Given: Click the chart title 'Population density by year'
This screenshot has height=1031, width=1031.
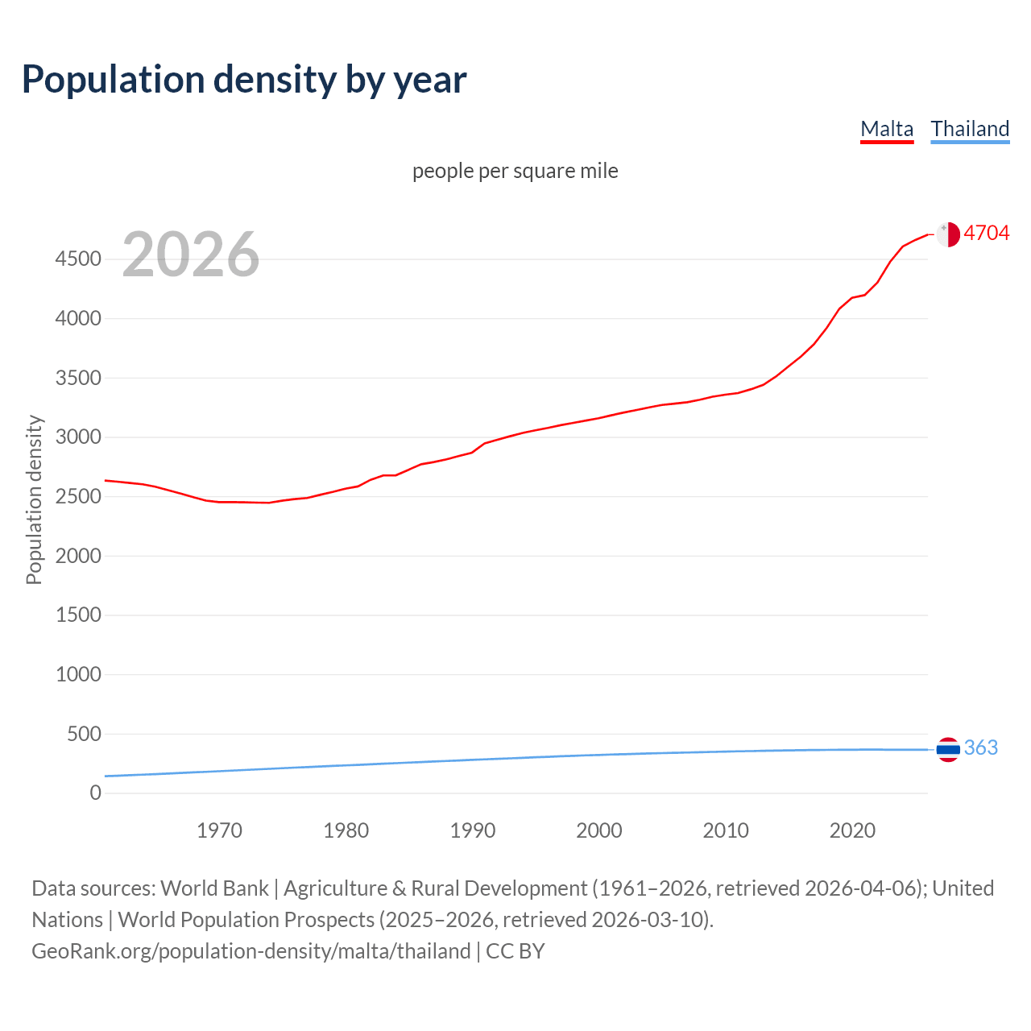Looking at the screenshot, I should point(244,80).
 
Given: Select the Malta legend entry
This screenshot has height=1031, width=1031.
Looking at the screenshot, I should point(887,129).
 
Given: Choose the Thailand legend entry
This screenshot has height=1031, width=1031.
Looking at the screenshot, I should point(970,129).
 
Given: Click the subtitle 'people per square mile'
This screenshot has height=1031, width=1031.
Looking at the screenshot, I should point(515,171).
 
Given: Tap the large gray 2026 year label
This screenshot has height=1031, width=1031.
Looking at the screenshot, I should point(191,255).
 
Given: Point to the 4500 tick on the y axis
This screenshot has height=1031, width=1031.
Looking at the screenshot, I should point(78,259).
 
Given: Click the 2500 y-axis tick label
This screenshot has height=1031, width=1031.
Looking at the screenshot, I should point(78,496).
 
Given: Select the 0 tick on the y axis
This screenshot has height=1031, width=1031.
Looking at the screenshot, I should point(96,793).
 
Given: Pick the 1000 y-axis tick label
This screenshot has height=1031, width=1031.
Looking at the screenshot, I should point(78,674).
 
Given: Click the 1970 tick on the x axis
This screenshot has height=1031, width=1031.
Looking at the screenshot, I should point(219,830).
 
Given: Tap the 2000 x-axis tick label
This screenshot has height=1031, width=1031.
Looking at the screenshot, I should point(598,830).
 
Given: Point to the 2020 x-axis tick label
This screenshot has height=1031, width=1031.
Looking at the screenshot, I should point(852,830).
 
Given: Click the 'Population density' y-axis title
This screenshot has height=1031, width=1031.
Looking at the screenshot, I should point(34,499).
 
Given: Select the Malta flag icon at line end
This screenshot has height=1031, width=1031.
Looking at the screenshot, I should point(948,234).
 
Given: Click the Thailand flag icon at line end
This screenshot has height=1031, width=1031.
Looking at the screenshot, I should point(948,749).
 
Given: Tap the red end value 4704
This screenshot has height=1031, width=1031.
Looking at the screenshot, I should point(986,233).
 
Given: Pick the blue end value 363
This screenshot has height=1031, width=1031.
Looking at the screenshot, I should point(980,747).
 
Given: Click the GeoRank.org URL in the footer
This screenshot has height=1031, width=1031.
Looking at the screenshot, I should point(251,951).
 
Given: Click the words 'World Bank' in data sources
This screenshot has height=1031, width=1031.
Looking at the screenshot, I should point(214,888).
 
